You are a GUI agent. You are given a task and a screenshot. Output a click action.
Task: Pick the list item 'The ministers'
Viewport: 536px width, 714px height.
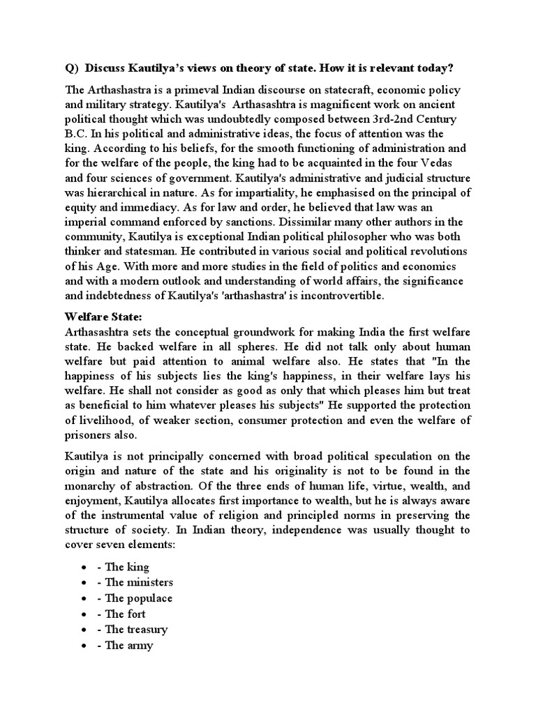point(139,582)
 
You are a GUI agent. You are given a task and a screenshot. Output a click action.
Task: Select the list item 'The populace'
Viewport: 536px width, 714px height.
point(138,598)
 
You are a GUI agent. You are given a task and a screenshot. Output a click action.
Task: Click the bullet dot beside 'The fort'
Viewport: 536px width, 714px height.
point(83,614)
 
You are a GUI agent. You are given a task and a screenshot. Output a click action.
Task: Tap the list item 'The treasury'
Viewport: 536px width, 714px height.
point(136,630)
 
